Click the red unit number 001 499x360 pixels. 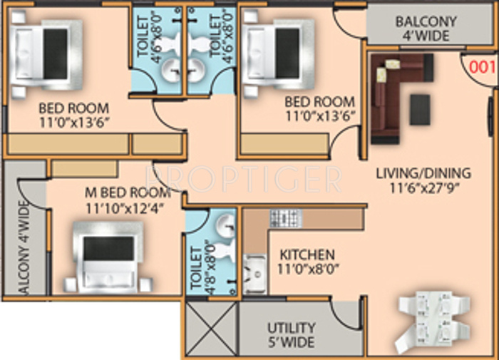click(x=483, y=68)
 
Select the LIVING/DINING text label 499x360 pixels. click(x=424, y=173)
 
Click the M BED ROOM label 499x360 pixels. click(x=127, y=192)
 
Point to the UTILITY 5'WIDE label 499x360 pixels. click(x=292, y=334)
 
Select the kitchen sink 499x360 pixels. click(x=254, y=272)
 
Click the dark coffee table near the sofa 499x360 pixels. click(x=420, y=108)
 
